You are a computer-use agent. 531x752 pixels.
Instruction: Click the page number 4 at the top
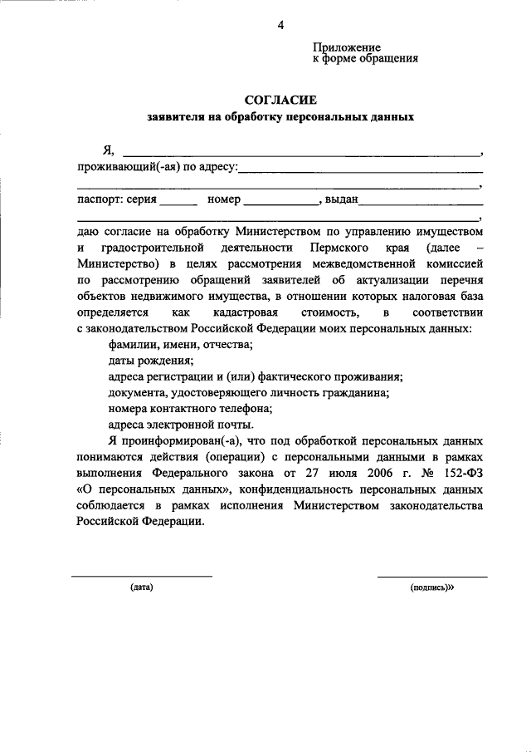tap(280, 25)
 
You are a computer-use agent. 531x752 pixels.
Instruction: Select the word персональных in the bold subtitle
tap(324, 118)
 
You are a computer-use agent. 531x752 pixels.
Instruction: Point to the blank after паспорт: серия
tap(178, 202)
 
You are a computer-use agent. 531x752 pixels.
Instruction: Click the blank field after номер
tap(280, 202)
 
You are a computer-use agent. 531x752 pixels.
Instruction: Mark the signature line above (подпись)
tap(432, 576)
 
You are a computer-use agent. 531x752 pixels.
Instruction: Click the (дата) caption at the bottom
tap(141, 587)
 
